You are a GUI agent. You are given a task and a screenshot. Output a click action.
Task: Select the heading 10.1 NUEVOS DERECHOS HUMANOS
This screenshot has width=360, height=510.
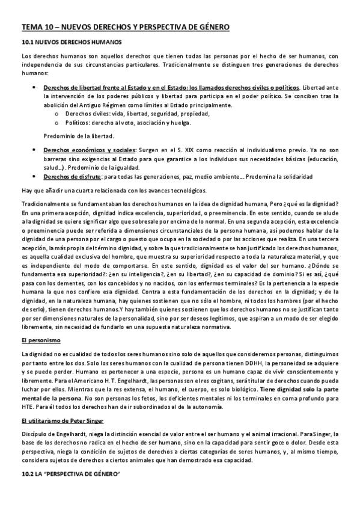tap(71, 43)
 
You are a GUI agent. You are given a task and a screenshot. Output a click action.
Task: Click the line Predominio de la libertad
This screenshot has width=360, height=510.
tap(79, 136)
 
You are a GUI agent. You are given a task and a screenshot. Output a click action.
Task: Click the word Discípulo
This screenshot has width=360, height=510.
tap(34, 433)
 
